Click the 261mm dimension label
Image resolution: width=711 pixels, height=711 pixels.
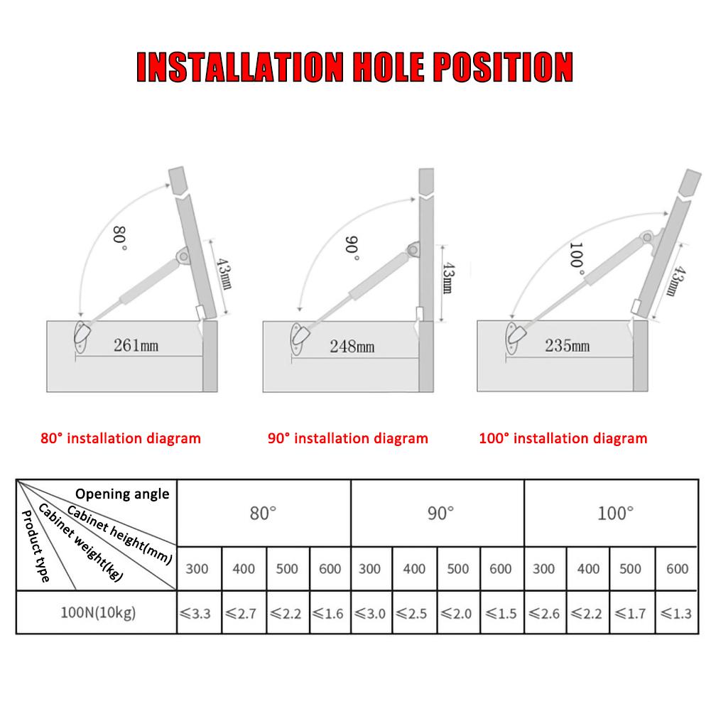tap(136, 346)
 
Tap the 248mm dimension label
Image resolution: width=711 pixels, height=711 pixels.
tap(351, 347)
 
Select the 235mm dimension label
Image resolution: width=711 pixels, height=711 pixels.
tap(567, 346)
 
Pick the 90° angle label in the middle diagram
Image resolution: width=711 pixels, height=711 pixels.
tap(352, 248)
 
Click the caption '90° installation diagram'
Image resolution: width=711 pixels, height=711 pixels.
tap(348, 438)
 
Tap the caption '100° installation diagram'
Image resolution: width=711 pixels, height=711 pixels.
tap(563, 438)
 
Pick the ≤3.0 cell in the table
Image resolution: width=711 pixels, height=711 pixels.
tap(371, 612)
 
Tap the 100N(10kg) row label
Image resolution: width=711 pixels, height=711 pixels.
tap(97, 612)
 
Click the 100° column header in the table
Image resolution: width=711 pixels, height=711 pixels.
tap(614, 513)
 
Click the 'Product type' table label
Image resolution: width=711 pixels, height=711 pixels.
tap(36, 547)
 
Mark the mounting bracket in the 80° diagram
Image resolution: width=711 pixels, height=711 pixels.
tap(82, 335)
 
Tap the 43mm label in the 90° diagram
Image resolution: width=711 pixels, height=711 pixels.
tap(448, 279)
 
